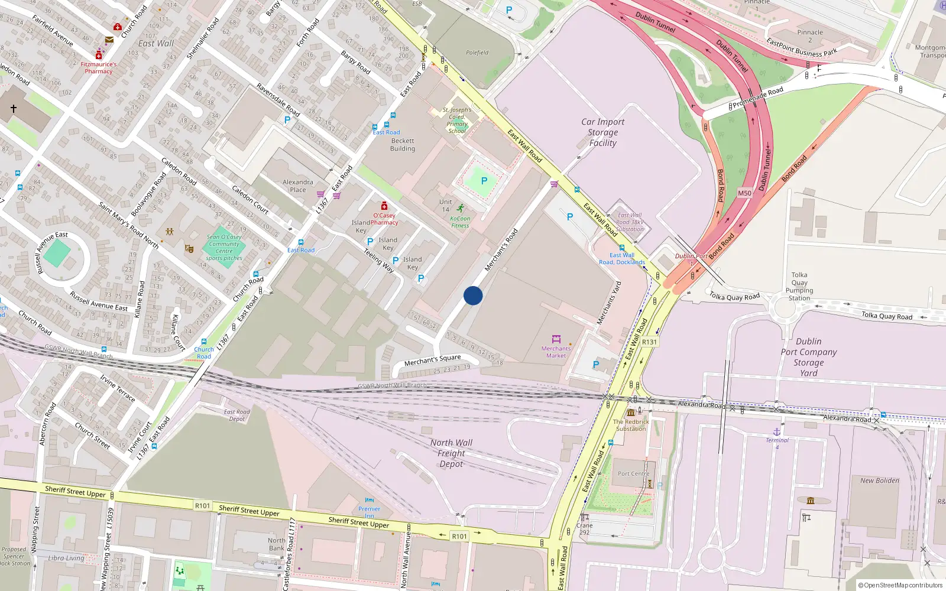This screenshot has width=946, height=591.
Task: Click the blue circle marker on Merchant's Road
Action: pos(473,295)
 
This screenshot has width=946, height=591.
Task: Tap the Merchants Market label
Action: pos(556,352)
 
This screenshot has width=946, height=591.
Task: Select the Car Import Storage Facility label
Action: pos(602,132)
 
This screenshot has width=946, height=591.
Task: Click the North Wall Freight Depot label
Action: pos(451,453)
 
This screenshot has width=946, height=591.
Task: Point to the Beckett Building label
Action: pos(402,145)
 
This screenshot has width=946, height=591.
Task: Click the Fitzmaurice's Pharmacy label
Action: pos(99,67)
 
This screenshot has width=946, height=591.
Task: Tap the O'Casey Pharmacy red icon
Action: pos(384,206)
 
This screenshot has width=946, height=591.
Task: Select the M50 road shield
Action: pos(744,193)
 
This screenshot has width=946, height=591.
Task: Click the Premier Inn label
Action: pos(370,511)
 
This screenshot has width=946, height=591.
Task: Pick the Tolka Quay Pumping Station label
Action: pos(799,287)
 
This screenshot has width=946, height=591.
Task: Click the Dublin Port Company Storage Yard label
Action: pos(808,357)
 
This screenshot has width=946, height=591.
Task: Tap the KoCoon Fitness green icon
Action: pos(461,208)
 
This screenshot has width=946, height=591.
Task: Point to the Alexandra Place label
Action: pos(298,186)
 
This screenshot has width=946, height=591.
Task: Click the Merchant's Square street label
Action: pos(432,360)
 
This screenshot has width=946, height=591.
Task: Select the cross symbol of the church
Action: pos(14,109)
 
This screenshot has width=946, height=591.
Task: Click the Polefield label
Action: pos(477,53)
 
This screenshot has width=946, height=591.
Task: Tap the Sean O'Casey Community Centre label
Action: pos(224,247)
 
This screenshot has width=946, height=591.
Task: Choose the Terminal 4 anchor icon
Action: pos(777,432)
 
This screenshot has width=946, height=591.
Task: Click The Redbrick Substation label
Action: pos(631,425)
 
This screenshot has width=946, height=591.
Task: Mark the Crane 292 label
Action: pos(584,529)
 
